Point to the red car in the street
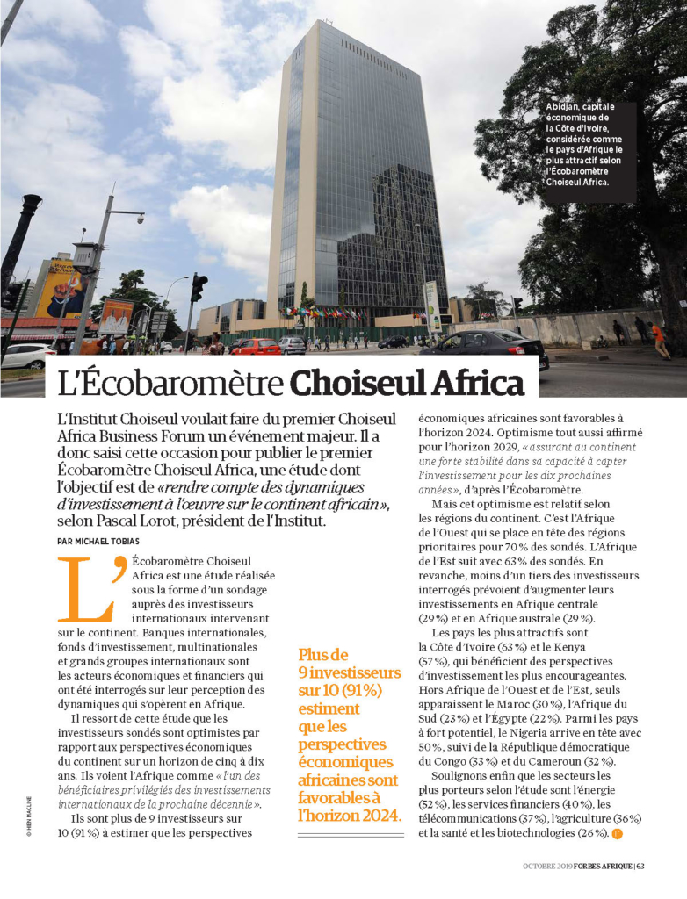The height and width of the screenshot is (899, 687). coord(255,346)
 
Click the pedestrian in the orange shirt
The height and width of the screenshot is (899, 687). coord(658,339)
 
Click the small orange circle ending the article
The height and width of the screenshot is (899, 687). coord(616,833)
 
